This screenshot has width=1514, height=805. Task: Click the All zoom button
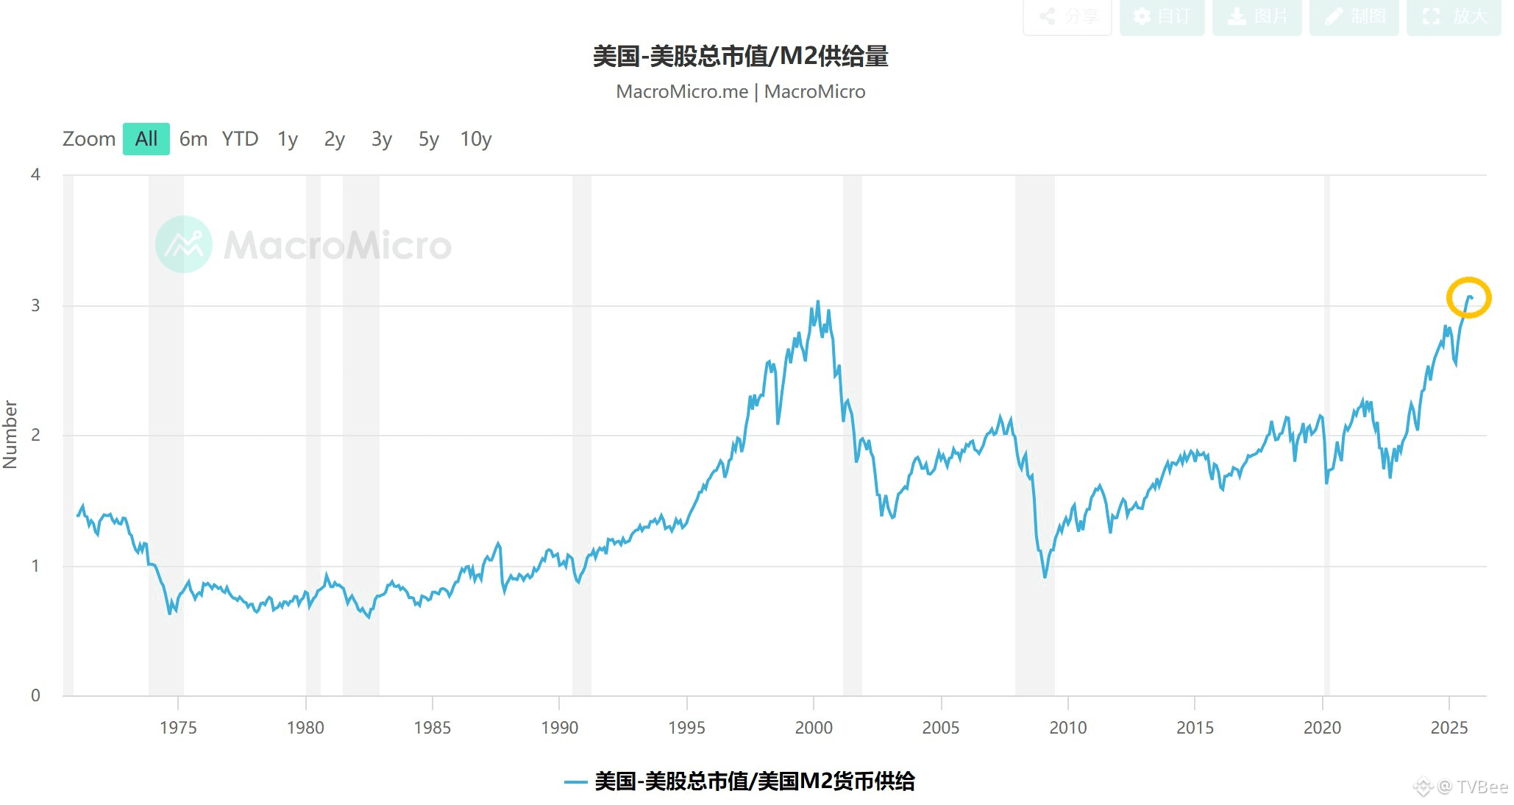coord(146,139)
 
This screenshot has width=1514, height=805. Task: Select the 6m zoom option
coord(193,139)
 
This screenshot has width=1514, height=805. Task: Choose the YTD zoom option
coord(240,139)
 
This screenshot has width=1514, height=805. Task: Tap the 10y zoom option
coord(475,139)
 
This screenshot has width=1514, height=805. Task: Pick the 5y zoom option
coord(428,139)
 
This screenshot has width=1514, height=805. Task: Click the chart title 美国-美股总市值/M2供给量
coord(740,57)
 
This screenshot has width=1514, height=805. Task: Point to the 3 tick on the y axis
coord(35,305)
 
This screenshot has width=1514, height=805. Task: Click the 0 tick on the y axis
coord(35,695)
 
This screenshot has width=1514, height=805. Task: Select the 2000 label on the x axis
coord(813,728)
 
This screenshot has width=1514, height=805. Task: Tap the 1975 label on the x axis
coord(178,728)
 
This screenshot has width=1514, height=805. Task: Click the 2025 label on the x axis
coord(1449,728)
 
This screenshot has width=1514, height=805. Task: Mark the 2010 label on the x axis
coord(1067,728)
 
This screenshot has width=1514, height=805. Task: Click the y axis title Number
coord(10,434)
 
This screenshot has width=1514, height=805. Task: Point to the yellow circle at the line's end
coord(1468,298)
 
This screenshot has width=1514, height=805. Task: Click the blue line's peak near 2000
coord(817,302)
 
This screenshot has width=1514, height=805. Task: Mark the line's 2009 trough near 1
coord(1045,576)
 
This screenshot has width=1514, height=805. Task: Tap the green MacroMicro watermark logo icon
coord(184,244)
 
